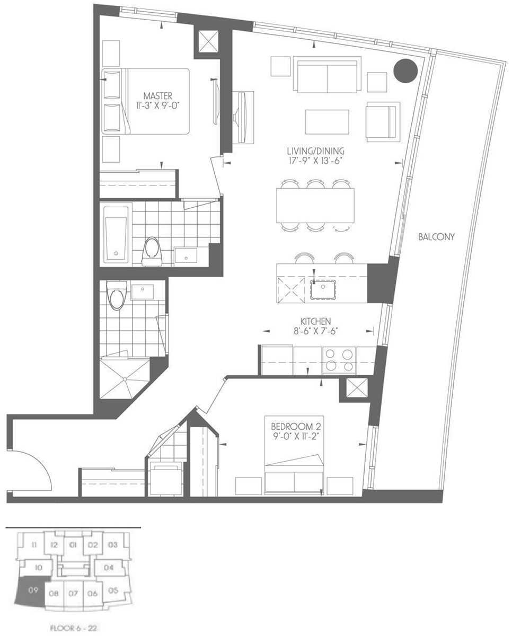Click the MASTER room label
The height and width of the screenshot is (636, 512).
(158, 96)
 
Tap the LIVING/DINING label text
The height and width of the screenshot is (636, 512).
(316, 151)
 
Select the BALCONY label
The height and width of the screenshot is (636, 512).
(436, 237)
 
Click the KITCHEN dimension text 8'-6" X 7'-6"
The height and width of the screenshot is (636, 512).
(316, 331)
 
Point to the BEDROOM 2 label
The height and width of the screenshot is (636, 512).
(296, 427)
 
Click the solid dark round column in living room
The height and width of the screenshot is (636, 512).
(405, 71)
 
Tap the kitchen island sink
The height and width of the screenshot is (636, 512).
(323, 289)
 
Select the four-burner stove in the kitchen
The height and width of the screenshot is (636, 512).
(339, 360)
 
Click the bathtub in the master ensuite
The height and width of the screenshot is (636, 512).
(116, 235)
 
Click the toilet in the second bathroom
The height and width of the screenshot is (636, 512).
(116, 295)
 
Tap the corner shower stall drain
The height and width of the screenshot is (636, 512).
(125, 379)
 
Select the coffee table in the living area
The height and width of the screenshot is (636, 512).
(327, 122)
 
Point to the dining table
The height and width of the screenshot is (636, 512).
(315, 206)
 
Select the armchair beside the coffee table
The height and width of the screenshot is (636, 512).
(383, 122)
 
